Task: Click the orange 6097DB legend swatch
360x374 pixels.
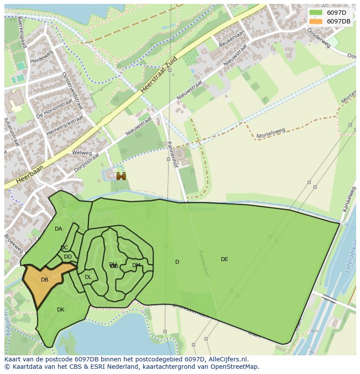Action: [316, 21]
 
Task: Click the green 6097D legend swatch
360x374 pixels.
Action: [316, 13]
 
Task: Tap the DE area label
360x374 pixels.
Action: [224, 259]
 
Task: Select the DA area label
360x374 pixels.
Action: [58, 229]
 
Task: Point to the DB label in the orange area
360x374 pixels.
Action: [44, 280]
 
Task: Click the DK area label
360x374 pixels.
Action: [60, 310]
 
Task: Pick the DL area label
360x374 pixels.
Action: [88, 277]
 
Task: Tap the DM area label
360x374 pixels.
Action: [136, 265]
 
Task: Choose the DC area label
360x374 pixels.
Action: [64, 248]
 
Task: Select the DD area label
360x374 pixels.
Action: [68, 257]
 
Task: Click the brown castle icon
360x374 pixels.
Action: [121, 176]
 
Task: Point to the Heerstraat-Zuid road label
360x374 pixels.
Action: [159, 74]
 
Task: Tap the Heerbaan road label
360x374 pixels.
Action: [30, 174]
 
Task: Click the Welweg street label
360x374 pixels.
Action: [82, 153]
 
